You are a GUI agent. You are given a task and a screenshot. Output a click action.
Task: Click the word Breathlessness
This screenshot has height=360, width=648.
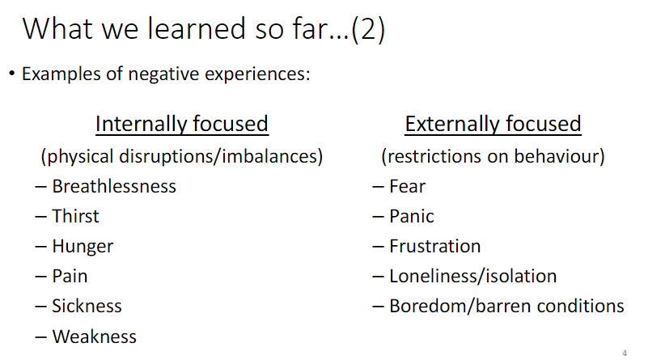114,186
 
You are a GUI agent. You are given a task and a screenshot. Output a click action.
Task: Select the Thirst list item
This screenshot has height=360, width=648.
75,216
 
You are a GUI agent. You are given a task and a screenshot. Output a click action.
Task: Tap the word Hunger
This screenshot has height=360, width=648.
83,246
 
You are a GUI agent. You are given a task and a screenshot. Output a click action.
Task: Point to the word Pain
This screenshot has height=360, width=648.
70,276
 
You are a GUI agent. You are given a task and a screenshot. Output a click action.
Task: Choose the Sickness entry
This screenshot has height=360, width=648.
87,306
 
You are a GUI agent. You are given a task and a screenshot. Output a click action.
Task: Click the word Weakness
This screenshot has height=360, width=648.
94,336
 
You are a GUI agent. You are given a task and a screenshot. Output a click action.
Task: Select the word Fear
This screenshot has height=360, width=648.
407,186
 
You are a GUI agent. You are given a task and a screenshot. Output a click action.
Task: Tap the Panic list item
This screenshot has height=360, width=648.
411,216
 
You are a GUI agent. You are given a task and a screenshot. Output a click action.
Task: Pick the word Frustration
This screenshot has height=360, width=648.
434,246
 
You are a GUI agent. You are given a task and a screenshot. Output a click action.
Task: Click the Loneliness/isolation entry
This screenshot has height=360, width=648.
472,276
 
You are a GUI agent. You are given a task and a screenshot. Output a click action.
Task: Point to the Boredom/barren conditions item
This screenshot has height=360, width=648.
506,306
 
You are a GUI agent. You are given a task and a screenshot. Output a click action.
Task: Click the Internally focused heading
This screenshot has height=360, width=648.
181,124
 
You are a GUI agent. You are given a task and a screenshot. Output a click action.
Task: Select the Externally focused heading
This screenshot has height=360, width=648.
493,124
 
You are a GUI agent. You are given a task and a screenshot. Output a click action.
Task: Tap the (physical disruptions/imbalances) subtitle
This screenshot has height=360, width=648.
182,155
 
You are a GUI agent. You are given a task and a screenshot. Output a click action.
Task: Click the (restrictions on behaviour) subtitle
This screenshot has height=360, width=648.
493,155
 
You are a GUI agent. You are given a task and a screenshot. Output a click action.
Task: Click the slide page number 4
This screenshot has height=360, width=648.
625,353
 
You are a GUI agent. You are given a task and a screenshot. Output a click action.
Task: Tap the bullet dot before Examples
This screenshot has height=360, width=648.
12,74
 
